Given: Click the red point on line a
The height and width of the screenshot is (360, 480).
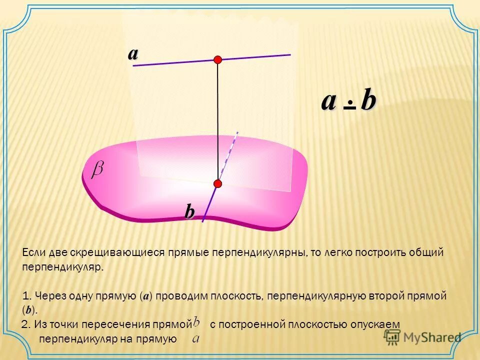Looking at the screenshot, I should coord(217,60).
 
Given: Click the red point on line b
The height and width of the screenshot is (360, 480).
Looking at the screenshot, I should coord(217,183).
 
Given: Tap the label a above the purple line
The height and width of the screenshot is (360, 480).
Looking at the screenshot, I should coord(132,53).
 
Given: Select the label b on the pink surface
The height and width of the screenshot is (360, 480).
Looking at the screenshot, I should coord(189,212).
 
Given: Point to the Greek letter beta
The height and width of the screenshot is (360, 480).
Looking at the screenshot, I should coord(97,170).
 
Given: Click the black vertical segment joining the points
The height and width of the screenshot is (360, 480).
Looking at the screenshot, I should coord(217,120).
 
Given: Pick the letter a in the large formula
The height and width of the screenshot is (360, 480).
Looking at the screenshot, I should coord(328,101).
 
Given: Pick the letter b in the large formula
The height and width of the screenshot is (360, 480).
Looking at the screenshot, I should coord(368,101).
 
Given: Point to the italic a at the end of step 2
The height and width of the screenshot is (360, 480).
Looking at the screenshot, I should coord(196,339).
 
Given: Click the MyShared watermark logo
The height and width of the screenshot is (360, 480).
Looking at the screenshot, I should coord(422,337).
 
